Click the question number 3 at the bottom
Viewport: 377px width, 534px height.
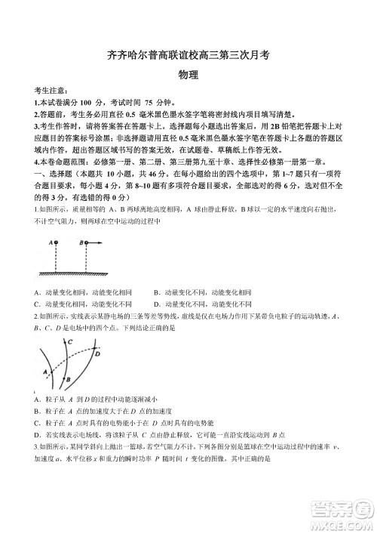pos(35,446)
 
